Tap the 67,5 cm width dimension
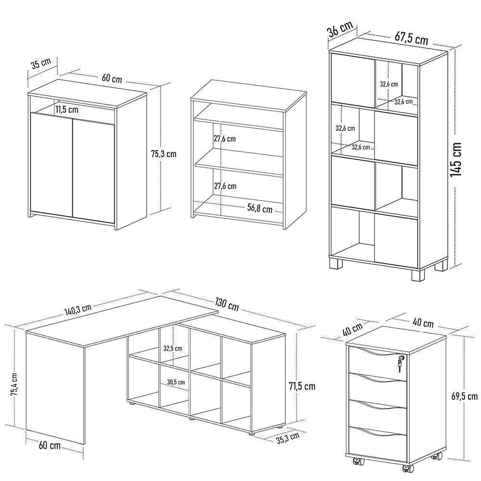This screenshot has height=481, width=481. [x=412, y=38]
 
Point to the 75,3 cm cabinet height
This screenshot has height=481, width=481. [x=164, y=154]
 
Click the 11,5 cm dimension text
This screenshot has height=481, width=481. [x=67, y=109]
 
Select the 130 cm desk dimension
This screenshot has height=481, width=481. [x=227, y=304]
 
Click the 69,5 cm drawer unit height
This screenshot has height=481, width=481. [x=465, y=396]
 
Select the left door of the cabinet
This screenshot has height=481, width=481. [x=51, y=164]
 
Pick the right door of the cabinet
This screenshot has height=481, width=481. [x=93, y=168]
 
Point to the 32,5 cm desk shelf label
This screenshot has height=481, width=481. [x=172, y=348]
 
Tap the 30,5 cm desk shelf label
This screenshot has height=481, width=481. [x=176, y=382]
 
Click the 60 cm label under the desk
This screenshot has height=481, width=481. [x=49, y=445]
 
